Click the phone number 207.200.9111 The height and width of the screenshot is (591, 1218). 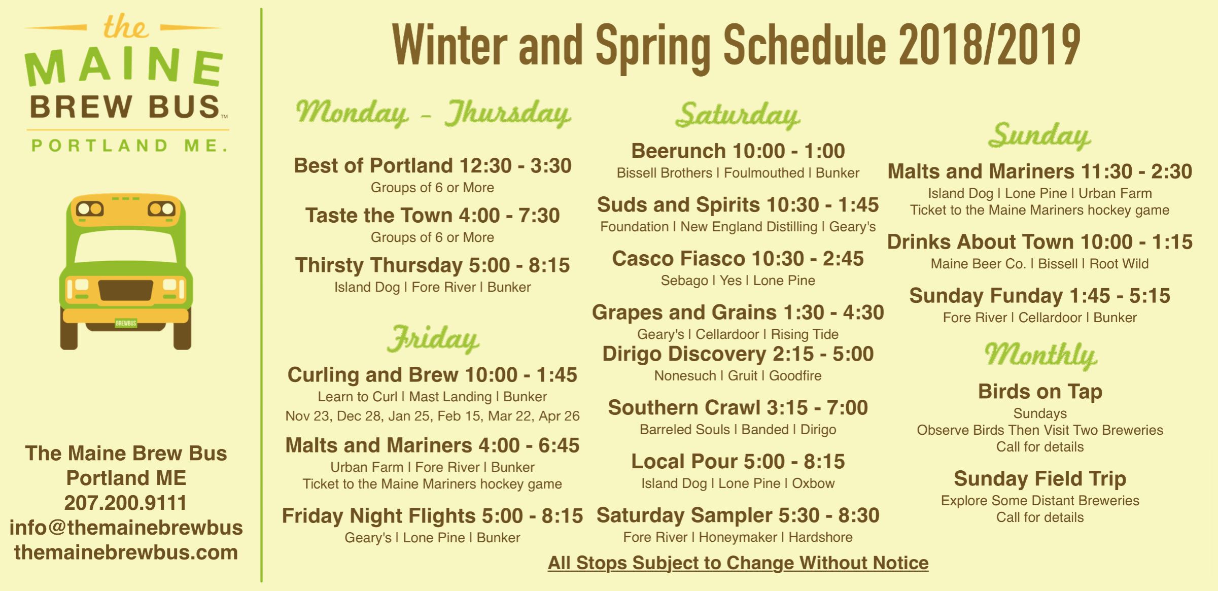(126, 503)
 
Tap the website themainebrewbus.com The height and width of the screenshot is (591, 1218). (126, 552)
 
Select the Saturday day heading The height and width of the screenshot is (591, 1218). (738, 116)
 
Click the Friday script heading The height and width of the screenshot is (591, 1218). (433, 339)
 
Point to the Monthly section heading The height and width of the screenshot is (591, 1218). (1040, 354)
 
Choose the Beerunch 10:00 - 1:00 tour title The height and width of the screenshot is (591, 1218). (738, 151)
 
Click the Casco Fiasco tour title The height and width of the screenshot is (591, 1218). (738, 258)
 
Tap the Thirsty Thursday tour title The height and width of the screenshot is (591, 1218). (432, 265)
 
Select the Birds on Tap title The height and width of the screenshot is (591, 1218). (1040, 391)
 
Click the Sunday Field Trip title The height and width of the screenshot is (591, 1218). (1040, 478)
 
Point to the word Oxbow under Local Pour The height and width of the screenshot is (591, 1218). (813, 483)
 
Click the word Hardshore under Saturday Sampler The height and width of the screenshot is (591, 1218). (820, 537)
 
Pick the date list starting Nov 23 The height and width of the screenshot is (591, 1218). (432, 416)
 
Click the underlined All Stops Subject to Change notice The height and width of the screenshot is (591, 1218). (738, 563)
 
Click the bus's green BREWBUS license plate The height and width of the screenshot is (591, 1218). (126, 323)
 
